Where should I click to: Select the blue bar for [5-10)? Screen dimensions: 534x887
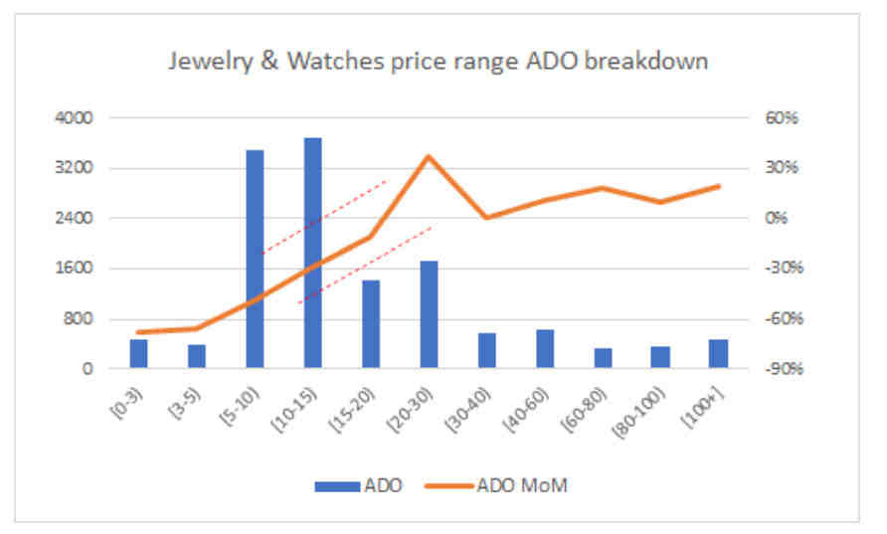tap(256, 259)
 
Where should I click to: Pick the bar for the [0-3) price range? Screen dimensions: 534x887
tap(138, 354)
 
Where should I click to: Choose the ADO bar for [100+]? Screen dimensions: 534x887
tap(718, 354)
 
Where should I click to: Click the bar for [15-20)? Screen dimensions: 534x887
tap(371, 324)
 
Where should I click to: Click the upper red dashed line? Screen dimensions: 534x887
tap(323, 218)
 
